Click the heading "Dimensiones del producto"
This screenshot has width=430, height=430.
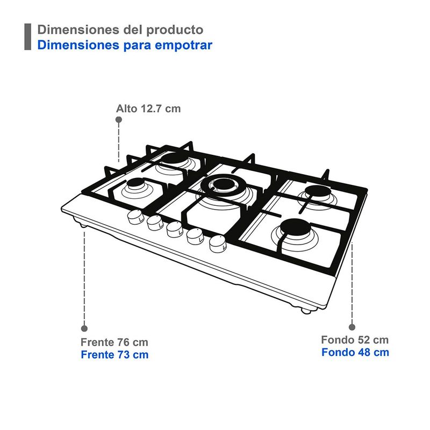point(120,30)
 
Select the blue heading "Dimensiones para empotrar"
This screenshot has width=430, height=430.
point(125,45)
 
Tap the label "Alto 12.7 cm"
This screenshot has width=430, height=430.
point(148,109)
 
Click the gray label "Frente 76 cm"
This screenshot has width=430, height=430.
point(114,342)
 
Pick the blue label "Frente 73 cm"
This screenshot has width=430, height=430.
point(114,355)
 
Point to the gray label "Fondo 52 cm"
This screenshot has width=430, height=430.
point(355,340)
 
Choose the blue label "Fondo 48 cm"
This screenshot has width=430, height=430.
point(355,352)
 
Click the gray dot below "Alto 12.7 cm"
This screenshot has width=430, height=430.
point(119,119)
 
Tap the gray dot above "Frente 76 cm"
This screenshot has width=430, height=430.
point(84,328)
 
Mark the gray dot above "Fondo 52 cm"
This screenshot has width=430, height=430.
point(352,327)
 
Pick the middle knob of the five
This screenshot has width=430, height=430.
point(175,230)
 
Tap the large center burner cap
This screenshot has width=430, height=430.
point(224,184)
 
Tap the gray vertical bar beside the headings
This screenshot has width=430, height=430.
point(28,37)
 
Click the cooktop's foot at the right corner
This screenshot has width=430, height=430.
point(306,311)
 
